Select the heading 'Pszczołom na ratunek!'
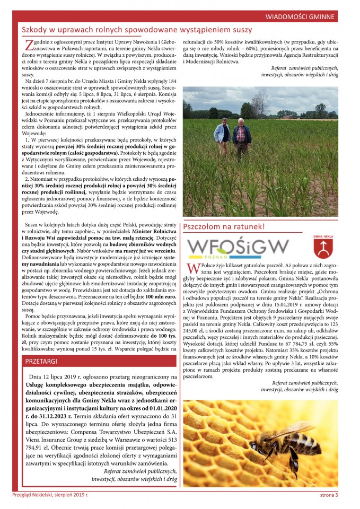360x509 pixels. point(224,227)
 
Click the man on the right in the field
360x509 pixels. point(242,136)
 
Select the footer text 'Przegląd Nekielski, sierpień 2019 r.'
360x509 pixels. point(50,495)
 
